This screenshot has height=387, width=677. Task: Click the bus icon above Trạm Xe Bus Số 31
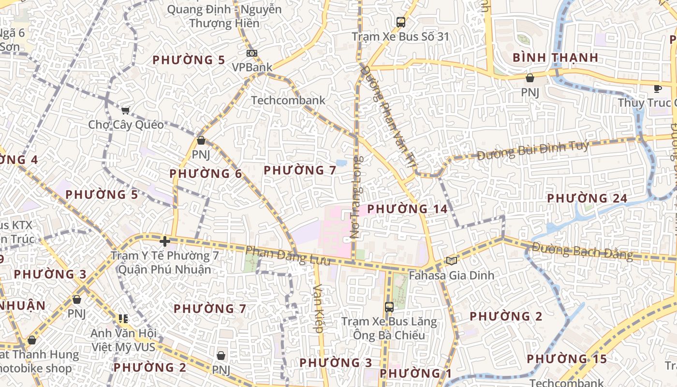(400, 22)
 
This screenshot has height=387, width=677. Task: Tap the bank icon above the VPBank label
(251, 53)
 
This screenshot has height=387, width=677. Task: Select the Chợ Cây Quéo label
(126, 125)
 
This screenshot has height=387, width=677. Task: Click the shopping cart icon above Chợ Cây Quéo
(126, 110)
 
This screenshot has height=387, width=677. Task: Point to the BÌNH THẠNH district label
(555, 58)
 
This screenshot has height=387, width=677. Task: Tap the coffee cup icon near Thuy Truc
(657, 89)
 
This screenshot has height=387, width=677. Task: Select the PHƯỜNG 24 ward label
(587, 198)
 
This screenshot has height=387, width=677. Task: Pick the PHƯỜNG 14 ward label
(407, 209)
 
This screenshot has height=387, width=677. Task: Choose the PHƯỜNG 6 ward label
(206, 173)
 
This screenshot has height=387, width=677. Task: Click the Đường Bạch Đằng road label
(582, 251)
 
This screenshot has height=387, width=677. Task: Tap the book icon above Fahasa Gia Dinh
(451, 261)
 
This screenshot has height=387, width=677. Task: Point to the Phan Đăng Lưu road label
(288, 256)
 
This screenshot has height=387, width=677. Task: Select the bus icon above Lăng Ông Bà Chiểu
(389, 307)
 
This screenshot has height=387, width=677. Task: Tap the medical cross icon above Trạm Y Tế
(164, 241)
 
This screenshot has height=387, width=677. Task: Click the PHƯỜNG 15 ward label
(567, 359)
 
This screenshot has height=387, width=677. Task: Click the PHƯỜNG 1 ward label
(415, 373)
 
